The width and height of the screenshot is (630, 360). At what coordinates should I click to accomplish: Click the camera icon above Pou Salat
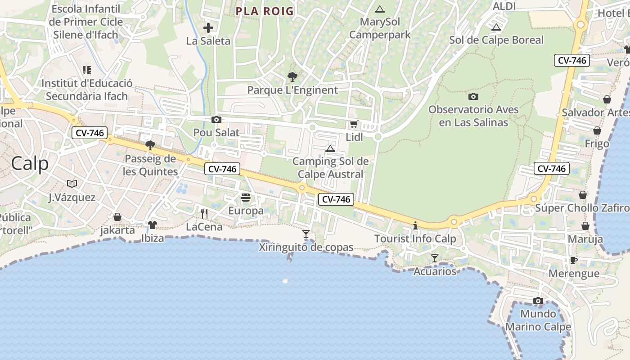[x=216, y=120]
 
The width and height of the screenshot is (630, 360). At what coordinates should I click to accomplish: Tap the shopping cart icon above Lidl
[x=354, y=124]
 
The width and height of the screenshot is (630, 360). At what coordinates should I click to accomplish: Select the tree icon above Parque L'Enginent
[x=292, y=77]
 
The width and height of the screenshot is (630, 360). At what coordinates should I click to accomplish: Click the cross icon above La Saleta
[x=208, y=28]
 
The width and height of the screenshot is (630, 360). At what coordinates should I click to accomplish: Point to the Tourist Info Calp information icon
[x=415, y=225]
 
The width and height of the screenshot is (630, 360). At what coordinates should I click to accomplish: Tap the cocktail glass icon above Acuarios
[x=434, y=258]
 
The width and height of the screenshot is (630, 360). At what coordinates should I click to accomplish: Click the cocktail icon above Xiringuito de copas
[x=306, y=234]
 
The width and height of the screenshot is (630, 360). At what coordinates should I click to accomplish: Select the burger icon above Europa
[x=246, y=198]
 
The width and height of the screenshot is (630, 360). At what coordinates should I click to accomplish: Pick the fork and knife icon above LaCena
[x=204, y=213]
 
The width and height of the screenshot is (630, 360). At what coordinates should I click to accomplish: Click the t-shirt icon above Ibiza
[x=153, y=225]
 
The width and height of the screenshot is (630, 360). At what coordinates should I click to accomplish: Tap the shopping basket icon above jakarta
[x=117, y=217]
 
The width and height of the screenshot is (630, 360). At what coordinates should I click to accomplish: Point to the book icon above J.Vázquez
[x=72, y=184]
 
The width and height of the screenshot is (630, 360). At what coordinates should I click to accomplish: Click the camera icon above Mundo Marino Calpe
[x=538, y=301]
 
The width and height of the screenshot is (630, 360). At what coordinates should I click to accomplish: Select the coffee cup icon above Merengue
[x=574, y=260]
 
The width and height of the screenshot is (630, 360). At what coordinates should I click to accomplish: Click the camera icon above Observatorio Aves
[x=473, y=96]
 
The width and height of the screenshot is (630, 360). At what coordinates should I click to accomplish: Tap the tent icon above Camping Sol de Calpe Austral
[x=330, y=148]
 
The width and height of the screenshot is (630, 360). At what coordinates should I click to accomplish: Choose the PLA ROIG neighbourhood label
[x=265, y=11]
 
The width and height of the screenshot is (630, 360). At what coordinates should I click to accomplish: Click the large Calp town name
[x=30, y=163]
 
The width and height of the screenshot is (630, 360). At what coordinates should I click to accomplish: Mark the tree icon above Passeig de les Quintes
[x=150, y=145]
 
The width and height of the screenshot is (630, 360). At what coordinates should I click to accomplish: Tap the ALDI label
[x=504, y=6]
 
